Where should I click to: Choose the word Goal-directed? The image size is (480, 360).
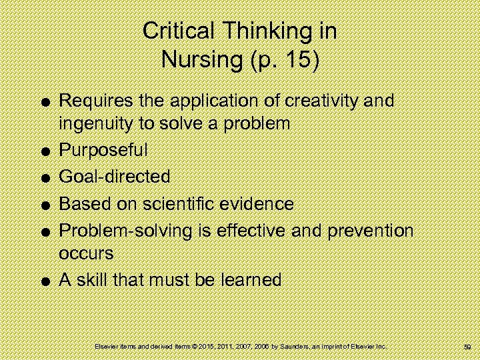click(115, 177)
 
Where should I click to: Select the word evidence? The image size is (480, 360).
click(264, 203)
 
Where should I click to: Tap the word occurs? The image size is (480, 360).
click(87, 253)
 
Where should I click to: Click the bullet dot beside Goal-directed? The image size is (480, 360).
click(43, 178)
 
